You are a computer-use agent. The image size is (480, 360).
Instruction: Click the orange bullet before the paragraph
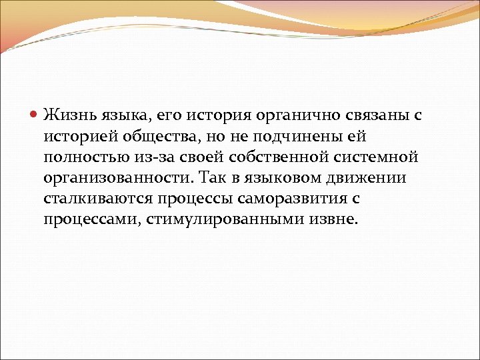(35, 114)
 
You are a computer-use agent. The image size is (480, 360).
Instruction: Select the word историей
(81, 136)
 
